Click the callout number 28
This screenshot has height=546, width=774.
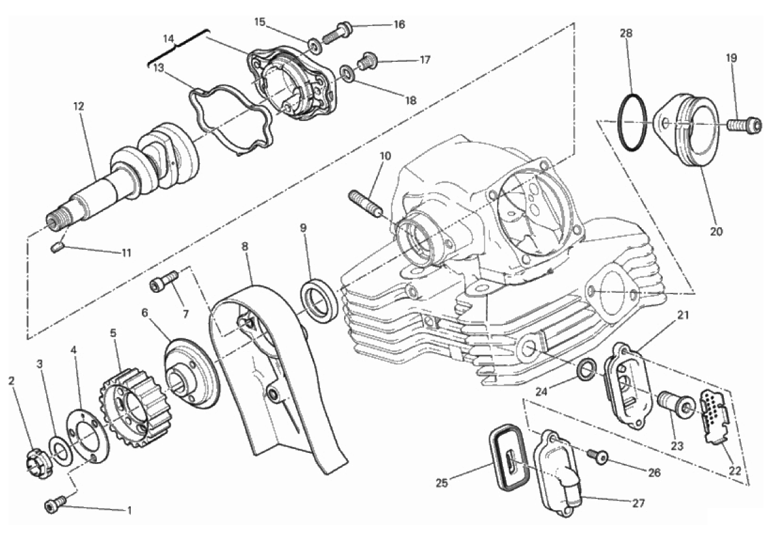click(628, 33)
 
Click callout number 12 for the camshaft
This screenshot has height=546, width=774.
click(79, 105)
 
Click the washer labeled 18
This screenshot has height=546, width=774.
click(348, 74)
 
